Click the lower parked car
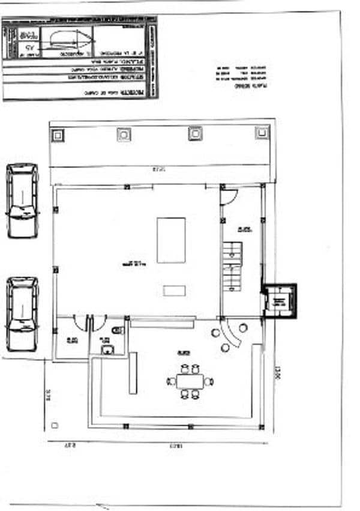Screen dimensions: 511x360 (22, 313)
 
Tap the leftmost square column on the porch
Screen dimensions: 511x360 (57, 135)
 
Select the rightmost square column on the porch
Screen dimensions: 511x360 (262, 133)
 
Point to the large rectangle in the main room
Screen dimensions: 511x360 (171, 240)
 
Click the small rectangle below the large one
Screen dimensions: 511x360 (174, 291)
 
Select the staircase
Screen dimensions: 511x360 (232, 267)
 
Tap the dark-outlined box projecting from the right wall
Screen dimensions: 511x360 (278, 298)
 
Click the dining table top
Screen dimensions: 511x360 (190, 381)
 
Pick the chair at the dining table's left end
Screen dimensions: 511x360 (171, 381)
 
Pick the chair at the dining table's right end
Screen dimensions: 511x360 (209, 381)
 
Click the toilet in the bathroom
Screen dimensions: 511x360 (118, 330)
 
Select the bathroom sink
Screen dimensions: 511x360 (107, 349)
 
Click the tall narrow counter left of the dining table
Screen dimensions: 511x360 (133, 373)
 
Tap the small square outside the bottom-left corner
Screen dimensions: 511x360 (55, 425)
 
